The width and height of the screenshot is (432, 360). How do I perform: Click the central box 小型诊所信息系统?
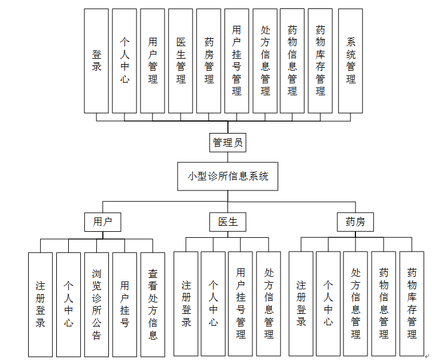[228, 176]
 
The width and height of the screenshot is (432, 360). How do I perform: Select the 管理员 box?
[228, 143]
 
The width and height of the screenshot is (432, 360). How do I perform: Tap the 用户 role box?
[102, 222]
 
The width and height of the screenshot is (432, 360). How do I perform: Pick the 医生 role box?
[228, 222]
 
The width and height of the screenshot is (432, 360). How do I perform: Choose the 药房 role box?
[355, 222]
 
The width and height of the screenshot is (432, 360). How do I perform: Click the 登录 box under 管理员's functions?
[96, 60]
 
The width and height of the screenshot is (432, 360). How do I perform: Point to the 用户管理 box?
[153, 60]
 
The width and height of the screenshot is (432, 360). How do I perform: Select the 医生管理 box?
[181, 60]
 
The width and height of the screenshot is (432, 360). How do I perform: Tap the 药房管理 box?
[209, 60]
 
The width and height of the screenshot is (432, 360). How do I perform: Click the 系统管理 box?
[351, 60]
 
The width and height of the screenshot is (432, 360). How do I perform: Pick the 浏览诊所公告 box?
[96, 304]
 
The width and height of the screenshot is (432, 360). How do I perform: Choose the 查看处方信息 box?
[153, 304]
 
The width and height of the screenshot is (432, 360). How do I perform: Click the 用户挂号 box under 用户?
[124, 304]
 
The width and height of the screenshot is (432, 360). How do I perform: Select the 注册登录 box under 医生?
[186, 304]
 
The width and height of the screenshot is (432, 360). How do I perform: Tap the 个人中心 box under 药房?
[328, 304]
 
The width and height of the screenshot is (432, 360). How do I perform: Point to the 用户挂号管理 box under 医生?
[241, 304]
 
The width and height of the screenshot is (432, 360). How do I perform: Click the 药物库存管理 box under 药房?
[412, 304]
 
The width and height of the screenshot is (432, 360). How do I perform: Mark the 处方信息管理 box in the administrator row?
[265, 60]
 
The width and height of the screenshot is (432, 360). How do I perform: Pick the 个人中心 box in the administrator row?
[124, 60]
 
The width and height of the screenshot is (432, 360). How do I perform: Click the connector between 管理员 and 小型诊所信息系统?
[228, 157]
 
